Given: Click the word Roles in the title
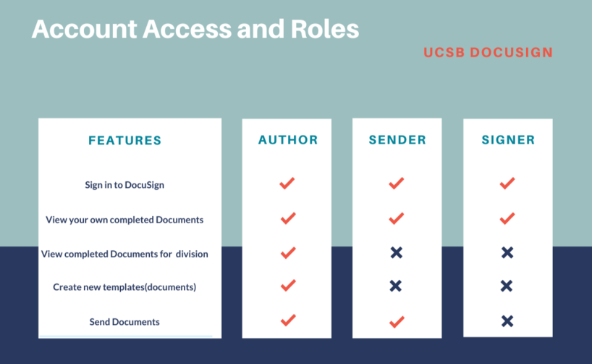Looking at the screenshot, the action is pyautogui.click(x=325, y=29).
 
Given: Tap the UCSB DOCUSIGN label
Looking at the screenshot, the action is pyautogui.click(x=489, y=53).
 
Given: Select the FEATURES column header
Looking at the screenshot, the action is pyautogui.click(x=125, y=141).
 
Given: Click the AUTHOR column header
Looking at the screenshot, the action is pyautogui.click(x=288, y=140).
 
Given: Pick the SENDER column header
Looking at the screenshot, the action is pyautogui.click(x=397, y=140).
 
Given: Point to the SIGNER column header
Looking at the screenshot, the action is pyautogui.click(x=508, y=140).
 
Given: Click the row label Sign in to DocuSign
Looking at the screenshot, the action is pyautogui.click(x=124, y=185).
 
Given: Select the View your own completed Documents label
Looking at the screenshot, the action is pyautogui.click(x=124, y=220).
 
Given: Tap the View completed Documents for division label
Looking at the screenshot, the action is pyautogui.click(x=124, y=254).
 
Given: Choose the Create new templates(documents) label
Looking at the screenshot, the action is pyautogui.click(x=124, y=287).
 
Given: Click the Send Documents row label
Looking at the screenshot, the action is pyautogui.click(x=124, y=322).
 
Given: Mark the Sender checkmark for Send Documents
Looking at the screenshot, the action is pyautogui.click(x=397, y=322).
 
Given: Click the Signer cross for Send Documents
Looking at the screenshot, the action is pyautogui.click(x=507, y=321).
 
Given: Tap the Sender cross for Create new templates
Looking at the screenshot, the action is pyautogui.click(x=396, y=286).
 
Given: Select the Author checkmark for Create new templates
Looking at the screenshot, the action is pyautogui.click(x=288, y=285).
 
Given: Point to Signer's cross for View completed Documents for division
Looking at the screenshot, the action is pyautogui.click(x=507, y=252).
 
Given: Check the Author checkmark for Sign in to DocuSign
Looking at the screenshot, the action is pyautogui.click(x=287, y=183).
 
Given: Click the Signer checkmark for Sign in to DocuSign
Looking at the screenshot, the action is pyautogui.click(x=507, y=183).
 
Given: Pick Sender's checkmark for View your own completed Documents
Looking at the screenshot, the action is pyautogui.click(x=397, y=218).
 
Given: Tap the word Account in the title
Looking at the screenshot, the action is pyautogui.click(x=84, y=29).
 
